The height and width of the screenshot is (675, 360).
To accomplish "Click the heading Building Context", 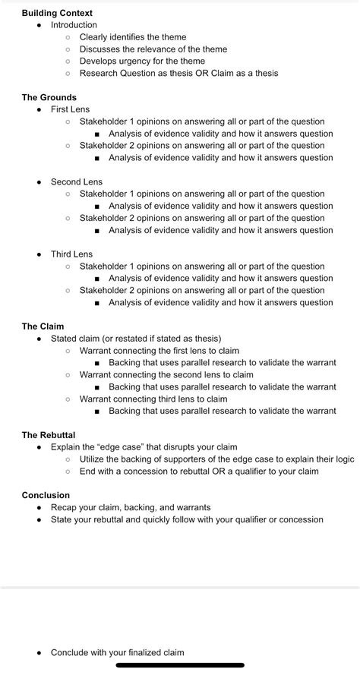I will click(x=57, y=13).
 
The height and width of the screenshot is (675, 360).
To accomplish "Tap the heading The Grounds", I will click(x=49, y=97).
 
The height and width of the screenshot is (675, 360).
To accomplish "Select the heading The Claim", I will click(x=43, y=326).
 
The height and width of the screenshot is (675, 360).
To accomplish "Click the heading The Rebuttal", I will click(x=50, y=435).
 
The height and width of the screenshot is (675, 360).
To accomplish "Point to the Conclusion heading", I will click(x=46, y=495).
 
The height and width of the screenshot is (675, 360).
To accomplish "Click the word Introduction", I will click(x=74, y=25).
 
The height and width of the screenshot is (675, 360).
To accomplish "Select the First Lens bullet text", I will click(x=70, y=109).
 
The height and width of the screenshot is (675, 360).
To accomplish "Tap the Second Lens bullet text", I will click(x=76, y=182).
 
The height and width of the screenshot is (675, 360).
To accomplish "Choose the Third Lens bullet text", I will click(x=71, y=254).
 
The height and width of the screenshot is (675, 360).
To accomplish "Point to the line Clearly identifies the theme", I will click(x=133, y=37).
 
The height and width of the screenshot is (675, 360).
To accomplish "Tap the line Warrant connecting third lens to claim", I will click(x=153, y=399).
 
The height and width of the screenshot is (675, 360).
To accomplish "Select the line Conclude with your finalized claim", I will click(x=117, y=652).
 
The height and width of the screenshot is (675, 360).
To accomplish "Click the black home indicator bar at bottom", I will click(x=180, y=665).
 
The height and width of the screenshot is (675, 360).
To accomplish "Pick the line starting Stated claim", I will click(x=136, y=339).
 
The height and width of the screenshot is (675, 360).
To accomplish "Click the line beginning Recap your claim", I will click(x=131, y=507).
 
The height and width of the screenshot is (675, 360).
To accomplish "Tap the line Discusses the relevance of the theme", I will click(x=153, y=49).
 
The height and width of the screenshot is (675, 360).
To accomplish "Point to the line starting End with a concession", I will click(x=199, y=471).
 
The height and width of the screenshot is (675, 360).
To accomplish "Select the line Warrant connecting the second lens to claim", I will click(x=166, y=375).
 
